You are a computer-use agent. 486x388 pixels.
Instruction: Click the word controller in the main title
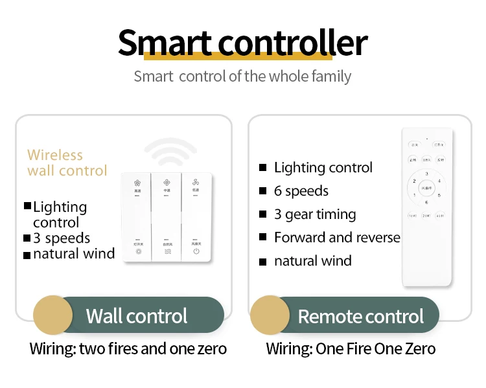(x=293, y=43)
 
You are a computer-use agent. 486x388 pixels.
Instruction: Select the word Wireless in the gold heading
(x=55, y=155)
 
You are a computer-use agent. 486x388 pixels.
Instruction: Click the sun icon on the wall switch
(x=138, y=251)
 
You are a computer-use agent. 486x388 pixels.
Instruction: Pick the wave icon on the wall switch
(x=167, y=251)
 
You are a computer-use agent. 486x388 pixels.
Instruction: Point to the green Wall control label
(x=137, y=315)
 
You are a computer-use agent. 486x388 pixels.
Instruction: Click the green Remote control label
(x=360, y=316)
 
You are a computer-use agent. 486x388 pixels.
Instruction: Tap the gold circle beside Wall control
(x=52, y=315)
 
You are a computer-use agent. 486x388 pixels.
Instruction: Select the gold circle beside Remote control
(x=270, y=315)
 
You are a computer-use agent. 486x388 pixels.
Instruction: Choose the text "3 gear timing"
(x=315, y=214)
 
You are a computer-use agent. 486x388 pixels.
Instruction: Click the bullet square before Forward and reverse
(x=262, y=238)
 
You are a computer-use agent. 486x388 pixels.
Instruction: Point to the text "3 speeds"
(x=62, y=238)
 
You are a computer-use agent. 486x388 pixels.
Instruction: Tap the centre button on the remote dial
(x=426, y=187)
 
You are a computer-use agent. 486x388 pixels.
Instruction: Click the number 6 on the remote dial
(x=426, y=202)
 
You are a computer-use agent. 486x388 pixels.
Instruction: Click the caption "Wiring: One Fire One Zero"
(x=351, y=349)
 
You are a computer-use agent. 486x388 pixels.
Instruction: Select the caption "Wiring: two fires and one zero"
(x=128, y=349)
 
